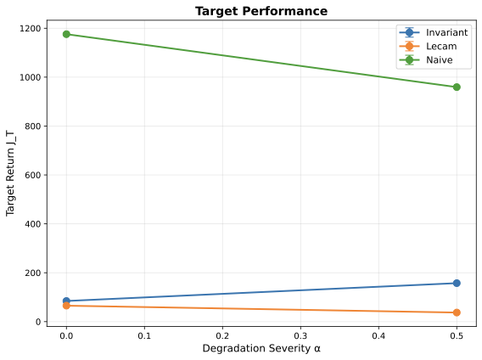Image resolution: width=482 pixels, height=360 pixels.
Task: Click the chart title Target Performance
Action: point(261,11)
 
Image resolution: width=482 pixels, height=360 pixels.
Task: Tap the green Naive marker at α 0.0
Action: point(66,34)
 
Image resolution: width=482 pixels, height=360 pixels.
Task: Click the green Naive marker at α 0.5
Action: point(457,87)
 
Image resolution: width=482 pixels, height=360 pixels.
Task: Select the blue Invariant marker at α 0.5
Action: point(457,283)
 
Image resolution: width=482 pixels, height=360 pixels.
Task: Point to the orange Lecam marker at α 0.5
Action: point(457,312)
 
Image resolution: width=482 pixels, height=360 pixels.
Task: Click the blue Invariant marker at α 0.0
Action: point(66,301)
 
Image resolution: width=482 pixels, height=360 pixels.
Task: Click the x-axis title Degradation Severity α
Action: point(261,349)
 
